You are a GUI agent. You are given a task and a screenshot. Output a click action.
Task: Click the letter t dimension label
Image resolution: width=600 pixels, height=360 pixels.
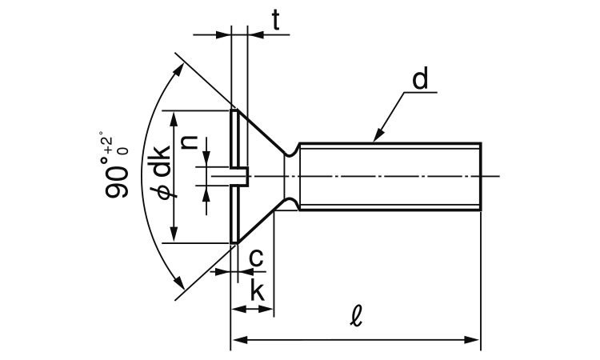274,22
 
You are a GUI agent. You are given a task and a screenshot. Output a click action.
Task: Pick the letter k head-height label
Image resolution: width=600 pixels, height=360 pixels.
258,290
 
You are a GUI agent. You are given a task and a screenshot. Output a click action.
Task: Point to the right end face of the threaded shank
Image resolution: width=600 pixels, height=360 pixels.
480,176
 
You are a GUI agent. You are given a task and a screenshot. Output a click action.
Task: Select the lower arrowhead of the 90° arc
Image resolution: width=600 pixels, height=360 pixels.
180,283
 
